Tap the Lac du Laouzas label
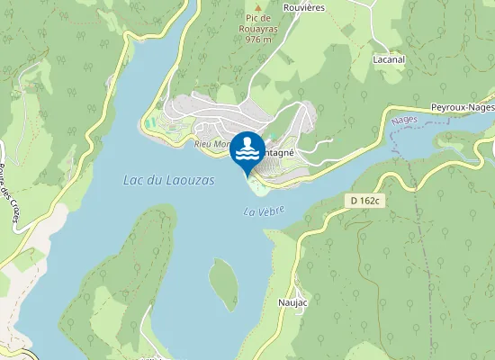tap(169, 181)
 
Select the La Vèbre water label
tap(264, 211)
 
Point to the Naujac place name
tap(293, 302)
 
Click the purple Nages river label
tap(405, 119)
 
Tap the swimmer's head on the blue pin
tap(247, 139)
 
